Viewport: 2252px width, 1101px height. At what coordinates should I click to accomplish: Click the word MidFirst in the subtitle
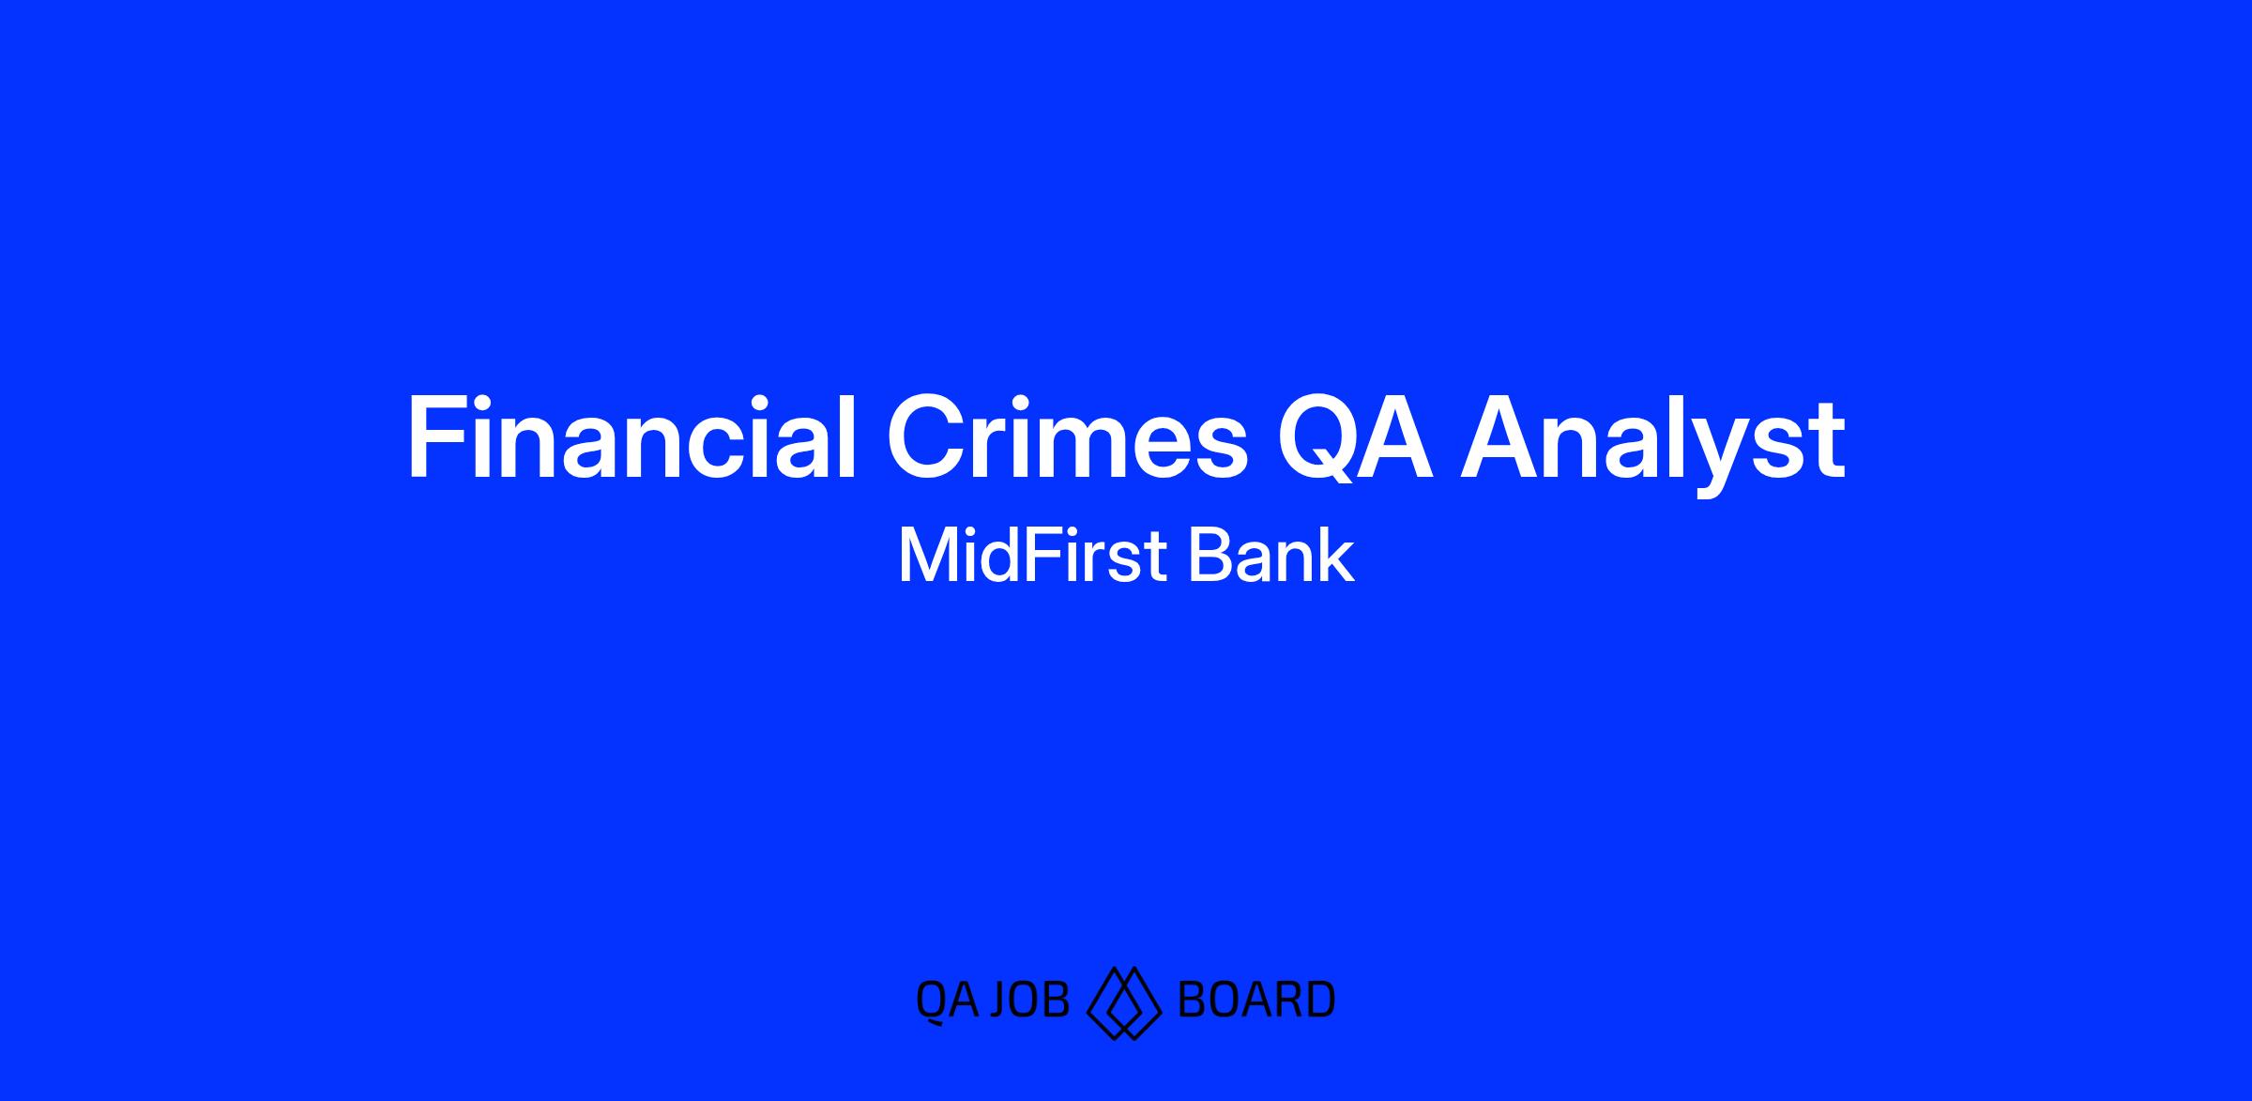[1031, 556]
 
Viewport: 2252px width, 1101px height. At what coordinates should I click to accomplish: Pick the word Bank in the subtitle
[1271, 556]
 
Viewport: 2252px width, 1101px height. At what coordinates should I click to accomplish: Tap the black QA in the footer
[946, 1000]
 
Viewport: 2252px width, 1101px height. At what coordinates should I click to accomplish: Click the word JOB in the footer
[1029, 1000]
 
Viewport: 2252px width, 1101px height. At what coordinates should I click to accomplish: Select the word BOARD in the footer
[1255, 1000]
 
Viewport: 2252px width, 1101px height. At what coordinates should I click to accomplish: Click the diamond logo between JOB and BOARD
[1124, 1002]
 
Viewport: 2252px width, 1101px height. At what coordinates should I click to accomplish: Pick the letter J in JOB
[1000, 1000]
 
